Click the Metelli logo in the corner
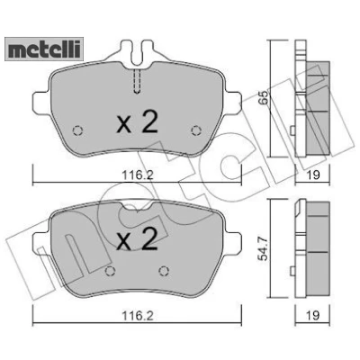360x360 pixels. coord(44,49)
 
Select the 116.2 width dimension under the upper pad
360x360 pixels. coord(138,175)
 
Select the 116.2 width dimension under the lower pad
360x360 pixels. coord(138,315)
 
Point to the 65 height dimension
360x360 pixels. coord(263,98)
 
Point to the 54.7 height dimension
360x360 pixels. coord(263,249)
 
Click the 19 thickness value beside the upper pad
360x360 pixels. coord(313,175)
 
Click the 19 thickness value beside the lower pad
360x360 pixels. coord(313,315)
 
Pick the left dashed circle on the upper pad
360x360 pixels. coord(78,130)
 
